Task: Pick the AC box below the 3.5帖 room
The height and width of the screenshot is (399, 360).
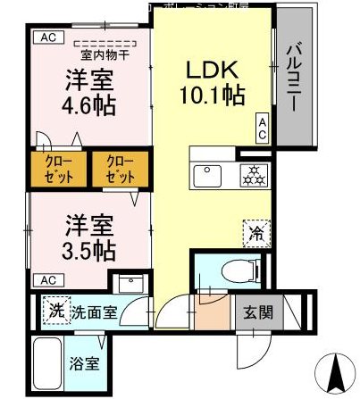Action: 43,280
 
